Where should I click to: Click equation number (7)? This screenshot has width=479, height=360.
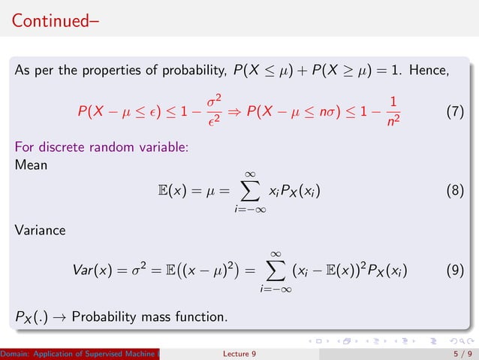pyautogui.click(x=455, y=112)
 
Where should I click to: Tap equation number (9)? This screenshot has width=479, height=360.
pyautogui.click(x=455, y=269)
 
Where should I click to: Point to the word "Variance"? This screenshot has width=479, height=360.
pyautogui.click(x=40, y=230)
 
